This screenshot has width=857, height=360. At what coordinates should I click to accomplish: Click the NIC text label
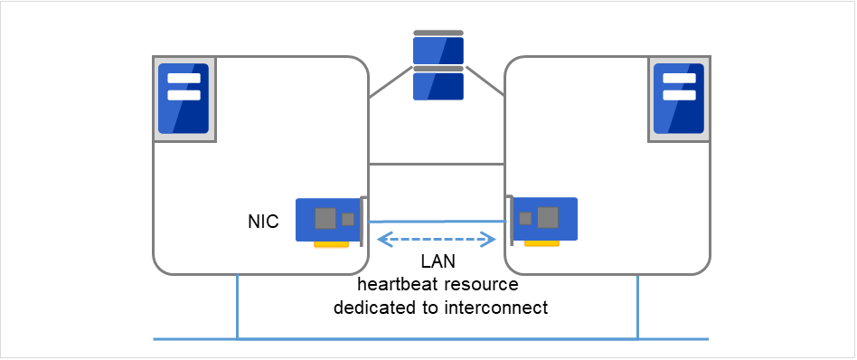coord(262,220)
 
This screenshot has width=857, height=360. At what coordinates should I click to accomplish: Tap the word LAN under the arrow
coord(438,262)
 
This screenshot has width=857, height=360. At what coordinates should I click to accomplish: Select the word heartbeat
coord(393,285)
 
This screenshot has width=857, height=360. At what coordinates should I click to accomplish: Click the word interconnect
coord(496,308)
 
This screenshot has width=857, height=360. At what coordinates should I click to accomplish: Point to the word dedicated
coord(370,308)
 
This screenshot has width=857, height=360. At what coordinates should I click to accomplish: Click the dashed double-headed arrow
coord(438,240)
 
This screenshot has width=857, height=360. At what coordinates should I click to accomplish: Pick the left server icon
coord(184,99)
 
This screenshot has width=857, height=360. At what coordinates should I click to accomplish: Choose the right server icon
coord(679,99)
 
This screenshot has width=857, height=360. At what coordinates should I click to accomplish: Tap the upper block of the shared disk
coord(438,50)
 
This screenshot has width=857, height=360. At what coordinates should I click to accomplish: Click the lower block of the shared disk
coord(438,85)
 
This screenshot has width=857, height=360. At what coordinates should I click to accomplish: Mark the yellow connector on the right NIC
coord(541,243)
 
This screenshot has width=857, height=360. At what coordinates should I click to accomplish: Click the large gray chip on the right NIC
coord(548,217)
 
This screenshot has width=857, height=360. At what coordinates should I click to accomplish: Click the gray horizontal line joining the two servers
coord(437,165)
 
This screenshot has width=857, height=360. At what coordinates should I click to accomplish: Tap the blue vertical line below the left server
coord(237,308)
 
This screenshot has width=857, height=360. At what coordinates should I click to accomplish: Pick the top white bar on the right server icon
coord(679,79)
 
